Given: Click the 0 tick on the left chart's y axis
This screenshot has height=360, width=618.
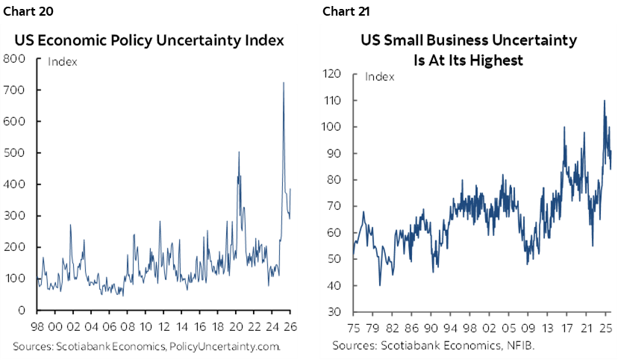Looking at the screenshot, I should pyautogui.click(x=22, y=310).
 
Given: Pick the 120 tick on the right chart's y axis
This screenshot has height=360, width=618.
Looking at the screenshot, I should pyautogui.click(x=331, y=74).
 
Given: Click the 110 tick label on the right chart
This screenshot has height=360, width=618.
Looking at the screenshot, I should pyautogui.click(x=331, y=101).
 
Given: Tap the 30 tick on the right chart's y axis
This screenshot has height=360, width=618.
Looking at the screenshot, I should pyautogui.click(x=334, y=312).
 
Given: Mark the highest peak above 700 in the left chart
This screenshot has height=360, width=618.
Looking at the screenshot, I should pyautogui.click(x=283, y=82).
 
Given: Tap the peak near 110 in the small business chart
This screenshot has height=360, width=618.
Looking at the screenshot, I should pyautogui.click(x=604, y=100).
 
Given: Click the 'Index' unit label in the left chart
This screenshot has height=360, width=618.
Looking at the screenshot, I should pyautogui.click(x=62, y=62).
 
